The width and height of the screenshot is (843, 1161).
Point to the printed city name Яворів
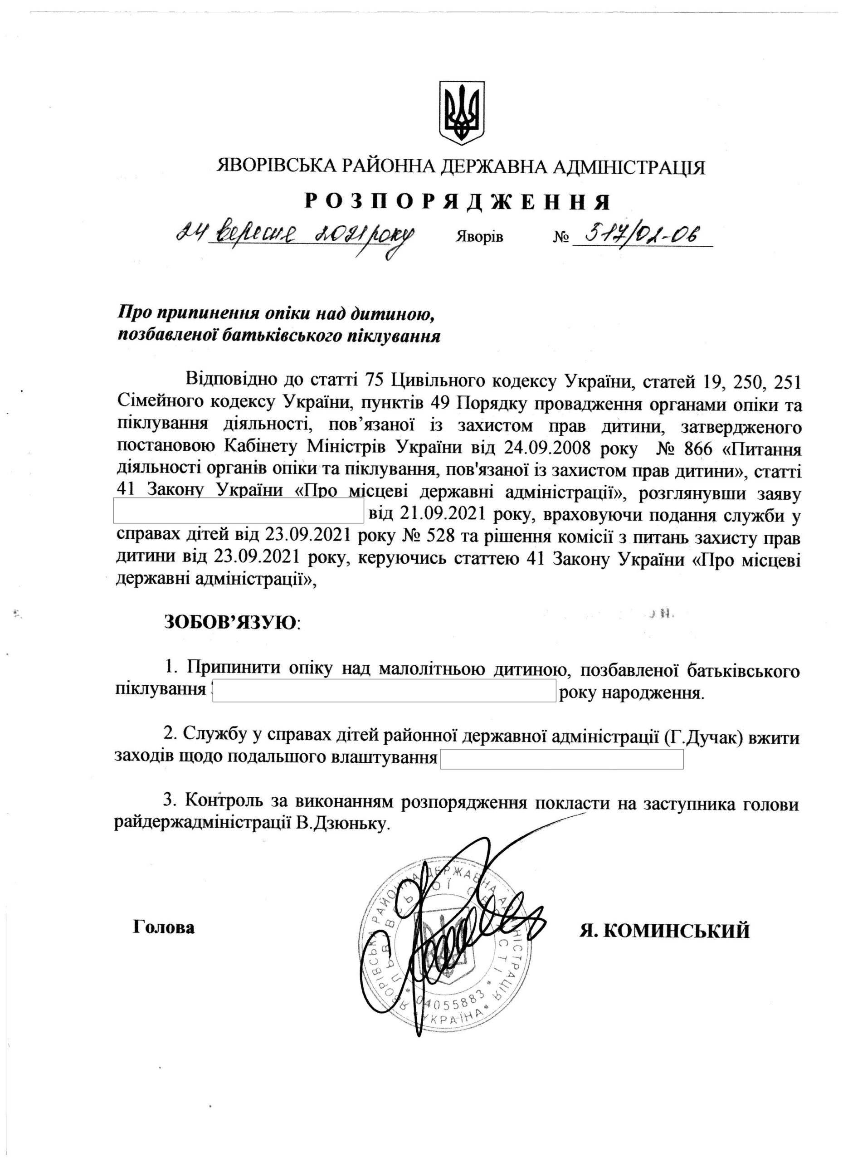(x=478, y=238)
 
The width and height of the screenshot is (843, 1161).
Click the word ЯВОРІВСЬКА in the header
(x=277, y=167)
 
